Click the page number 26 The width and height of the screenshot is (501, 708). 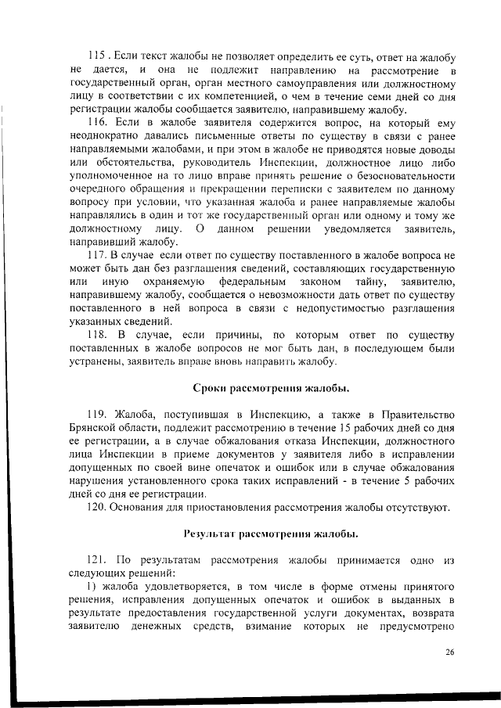tap(449, 652)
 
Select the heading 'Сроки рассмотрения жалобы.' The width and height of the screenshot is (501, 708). tap(271, 389)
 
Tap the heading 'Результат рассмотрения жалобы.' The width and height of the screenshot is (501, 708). tap(271, 534)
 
